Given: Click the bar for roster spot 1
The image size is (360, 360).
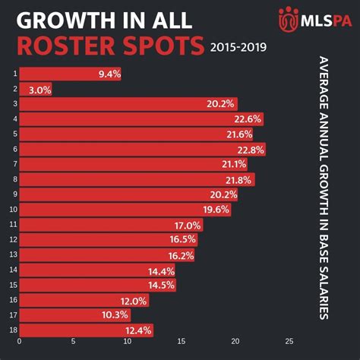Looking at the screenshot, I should pyautogui.click(x=69, y=74).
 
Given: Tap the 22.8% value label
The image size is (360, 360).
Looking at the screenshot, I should pyautogui.click(x=250, y=149).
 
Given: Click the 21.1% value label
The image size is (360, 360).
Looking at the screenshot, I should pyautogui.click(x=233, y=164).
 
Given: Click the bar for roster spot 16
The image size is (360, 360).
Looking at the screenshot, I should pyautogui.click(x=84, y=300).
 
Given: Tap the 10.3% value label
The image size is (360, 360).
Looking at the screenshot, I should pyautogui.click(x=116, y=314).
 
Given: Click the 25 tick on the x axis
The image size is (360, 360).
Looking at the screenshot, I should pyautogui.click(x=289, y=343).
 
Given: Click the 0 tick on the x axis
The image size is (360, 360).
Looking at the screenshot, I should pyautogui.click(x=19, y=343).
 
